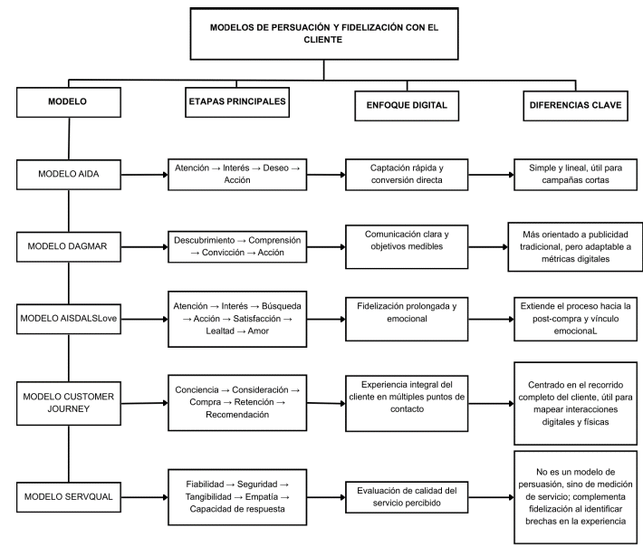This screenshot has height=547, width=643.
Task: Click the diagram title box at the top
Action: point(324,34)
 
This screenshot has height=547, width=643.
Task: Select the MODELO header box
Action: point(69,102)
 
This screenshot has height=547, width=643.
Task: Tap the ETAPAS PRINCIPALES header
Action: point(237,102)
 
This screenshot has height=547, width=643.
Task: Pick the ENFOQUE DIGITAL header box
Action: point(407,106)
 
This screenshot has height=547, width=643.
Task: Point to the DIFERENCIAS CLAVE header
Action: point(575,106)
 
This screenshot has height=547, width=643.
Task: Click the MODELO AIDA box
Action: point(69,175)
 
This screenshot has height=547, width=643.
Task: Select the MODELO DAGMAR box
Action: point(69,247)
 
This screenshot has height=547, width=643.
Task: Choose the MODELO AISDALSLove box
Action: point(69,319)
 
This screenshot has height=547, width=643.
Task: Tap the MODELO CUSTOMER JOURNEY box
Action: point(69,404)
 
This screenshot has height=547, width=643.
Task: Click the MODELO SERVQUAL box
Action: point(69,497)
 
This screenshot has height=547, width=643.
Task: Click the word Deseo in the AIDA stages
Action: point(275,168)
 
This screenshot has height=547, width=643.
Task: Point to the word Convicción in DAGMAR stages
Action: point(223,253)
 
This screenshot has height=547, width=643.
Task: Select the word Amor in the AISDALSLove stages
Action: point(258,331)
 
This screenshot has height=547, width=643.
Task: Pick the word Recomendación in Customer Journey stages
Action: point(237,415)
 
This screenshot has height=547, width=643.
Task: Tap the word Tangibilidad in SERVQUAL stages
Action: point(208,497)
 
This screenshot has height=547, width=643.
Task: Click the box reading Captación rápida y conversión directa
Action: point(407,175)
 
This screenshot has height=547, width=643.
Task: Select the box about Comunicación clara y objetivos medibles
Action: point(407,247)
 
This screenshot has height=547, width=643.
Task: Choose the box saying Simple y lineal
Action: point(575,175)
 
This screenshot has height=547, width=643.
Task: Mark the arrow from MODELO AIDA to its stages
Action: point(144,175)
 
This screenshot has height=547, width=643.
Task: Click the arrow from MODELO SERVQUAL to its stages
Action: point(144,497)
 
